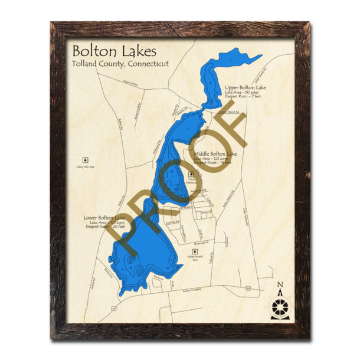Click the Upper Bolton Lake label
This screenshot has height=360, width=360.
[x=246, y=87]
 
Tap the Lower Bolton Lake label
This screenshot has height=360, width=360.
[x=104, y=218]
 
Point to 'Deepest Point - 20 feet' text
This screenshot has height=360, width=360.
[x=104, y=227]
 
